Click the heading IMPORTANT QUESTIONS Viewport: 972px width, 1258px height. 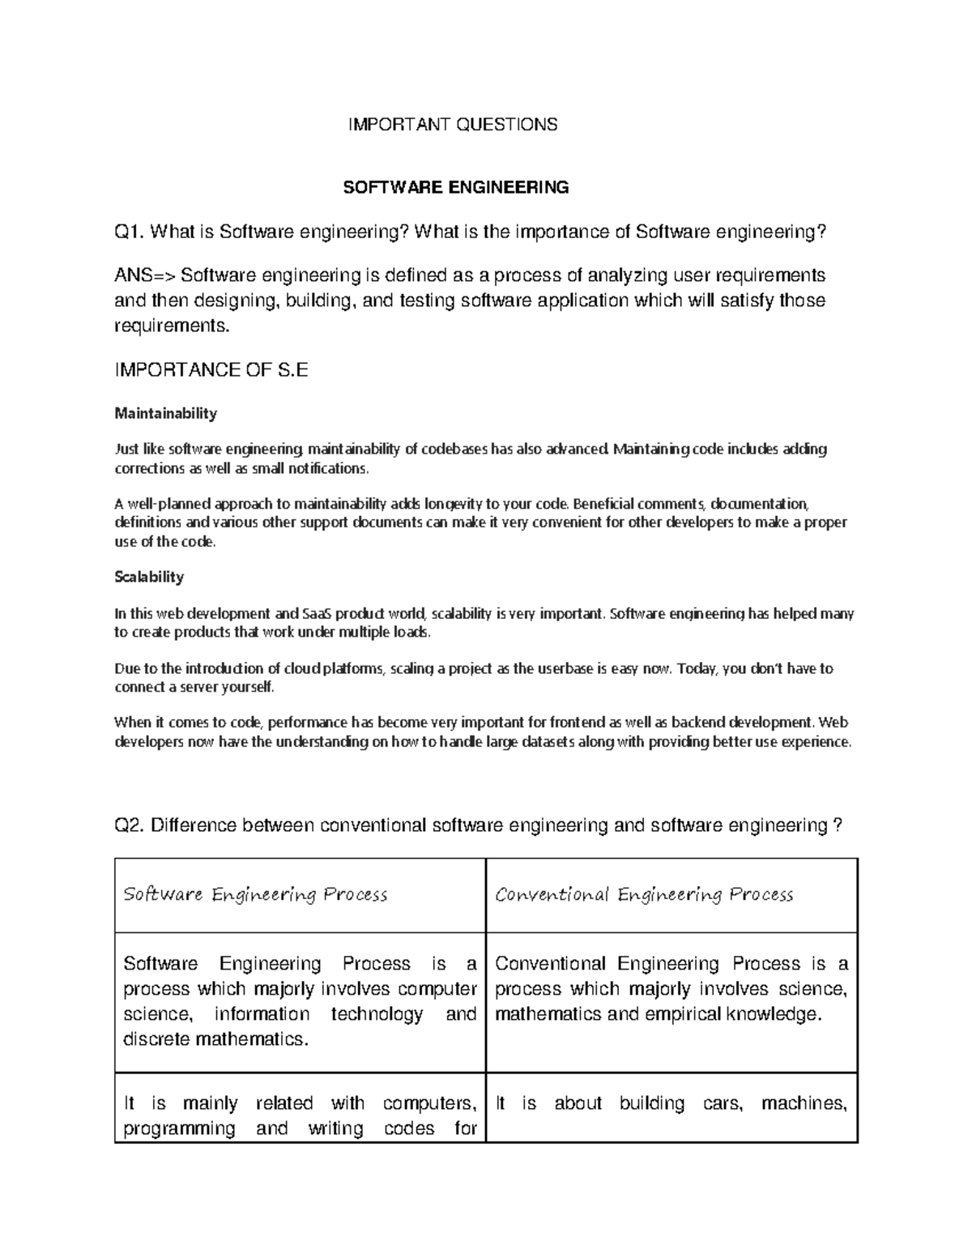click(453, 125)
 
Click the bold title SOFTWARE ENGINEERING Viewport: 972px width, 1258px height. click(456, 188)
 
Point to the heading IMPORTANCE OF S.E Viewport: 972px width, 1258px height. click(211, 370)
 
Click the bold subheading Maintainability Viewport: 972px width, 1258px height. click(166, 414)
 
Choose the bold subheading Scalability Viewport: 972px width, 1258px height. click(149, 577)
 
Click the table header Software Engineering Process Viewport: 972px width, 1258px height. click(255, 895)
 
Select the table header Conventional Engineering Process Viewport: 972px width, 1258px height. click(644, 895)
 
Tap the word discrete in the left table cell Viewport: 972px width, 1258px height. click(156, 1039)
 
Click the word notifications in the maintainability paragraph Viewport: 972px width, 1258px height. click(322, 469)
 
